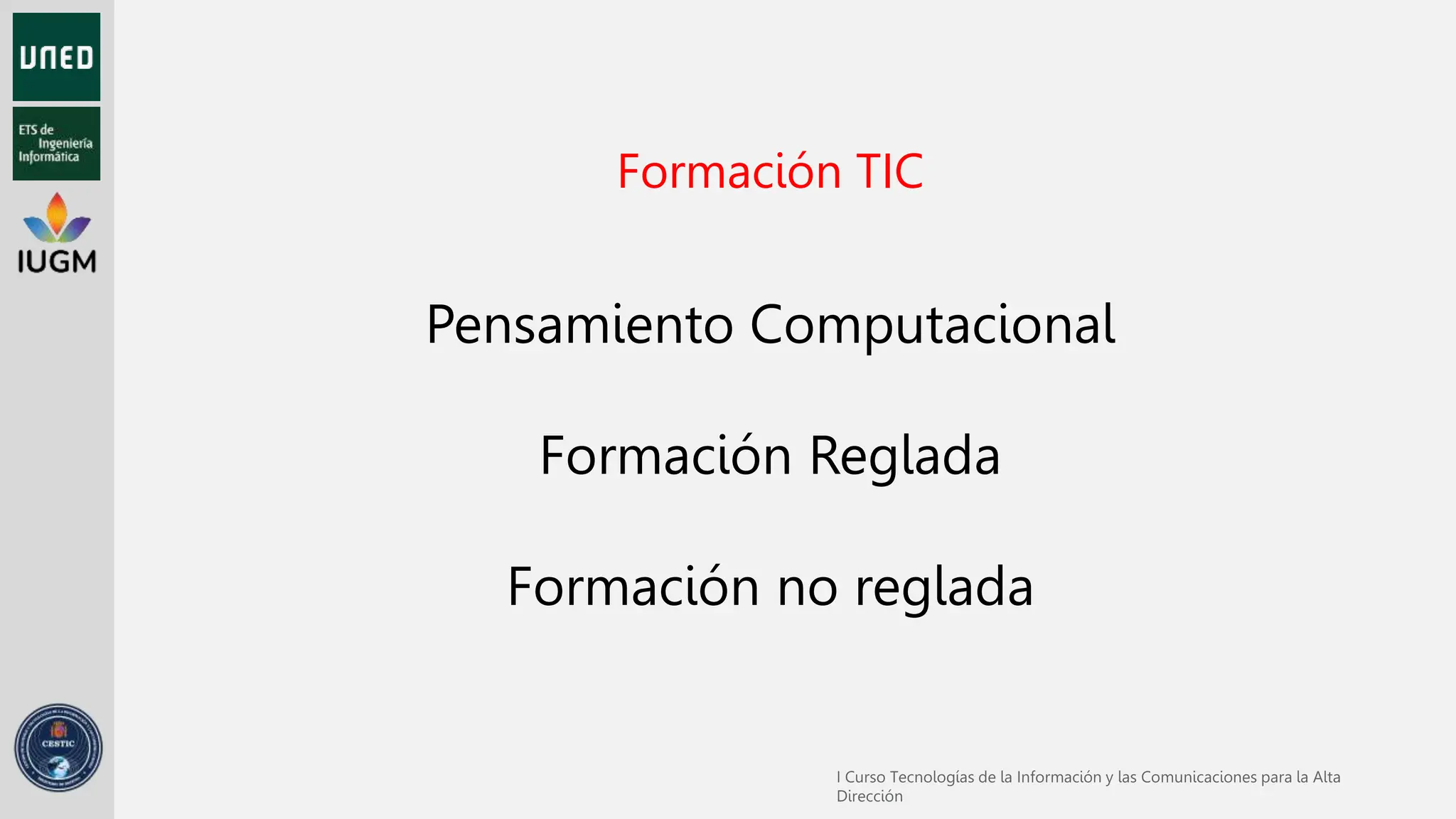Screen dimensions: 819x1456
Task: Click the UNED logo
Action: [56, 57]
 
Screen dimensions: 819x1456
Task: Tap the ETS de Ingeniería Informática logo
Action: [56, 144]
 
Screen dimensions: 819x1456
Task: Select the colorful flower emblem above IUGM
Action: [57, 218]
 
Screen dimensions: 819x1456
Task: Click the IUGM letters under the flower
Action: [57, 262]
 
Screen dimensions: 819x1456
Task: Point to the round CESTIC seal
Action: [58, 748]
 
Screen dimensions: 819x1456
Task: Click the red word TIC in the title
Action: [889, 172]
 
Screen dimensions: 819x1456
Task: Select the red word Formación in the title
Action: [729, 172]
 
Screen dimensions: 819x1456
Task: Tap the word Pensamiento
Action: [579, 325]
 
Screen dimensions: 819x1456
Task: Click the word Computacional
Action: [932, 325]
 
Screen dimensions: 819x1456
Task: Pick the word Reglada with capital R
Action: [904, 456]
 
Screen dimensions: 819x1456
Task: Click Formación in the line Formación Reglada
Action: [665, 456]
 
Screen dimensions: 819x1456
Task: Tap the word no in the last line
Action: [808, 587]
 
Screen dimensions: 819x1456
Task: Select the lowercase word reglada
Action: [943, 589]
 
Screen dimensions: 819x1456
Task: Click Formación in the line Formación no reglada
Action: [633, 587]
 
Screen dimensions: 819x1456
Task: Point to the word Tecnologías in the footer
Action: [932, 778]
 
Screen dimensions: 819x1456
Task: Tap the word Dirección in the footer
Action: [869, 797]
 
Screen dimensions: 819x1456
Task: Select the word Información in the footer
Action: [1059, 778]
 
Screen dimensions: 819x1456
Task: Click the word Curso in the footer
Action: [864, 778]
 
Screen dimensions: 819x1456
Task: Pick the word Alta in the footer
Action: [1327, 778]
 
